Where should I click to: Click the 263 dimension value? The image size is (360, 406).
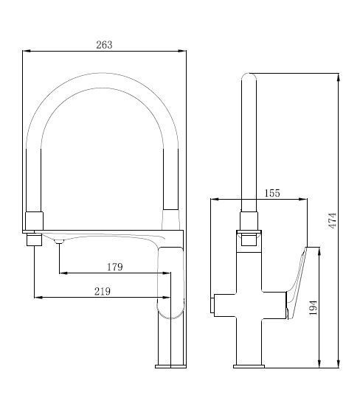pos(104,45)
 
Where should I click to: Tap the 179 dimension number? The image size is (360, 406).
pos(114,267)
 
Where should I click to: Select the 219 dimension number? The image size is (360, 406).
pos(103,291)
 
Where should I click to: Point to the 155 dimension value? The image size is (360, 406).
pos(272,193)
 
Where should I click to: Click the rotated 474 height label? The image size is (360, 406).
pos(332,220)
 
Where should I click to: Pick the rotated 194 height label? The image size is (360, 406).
pos(314,307)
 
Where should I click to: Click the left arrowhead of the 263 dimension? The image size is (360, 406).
pos(27,51)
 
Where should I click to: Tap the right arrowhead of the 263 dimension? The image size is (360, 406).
pos(182,51)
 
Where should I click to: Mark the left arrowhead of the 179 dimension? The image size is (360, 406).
pos(63,273)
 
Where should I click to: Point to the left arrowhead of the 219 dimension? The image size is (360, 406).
pos(38,298)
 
